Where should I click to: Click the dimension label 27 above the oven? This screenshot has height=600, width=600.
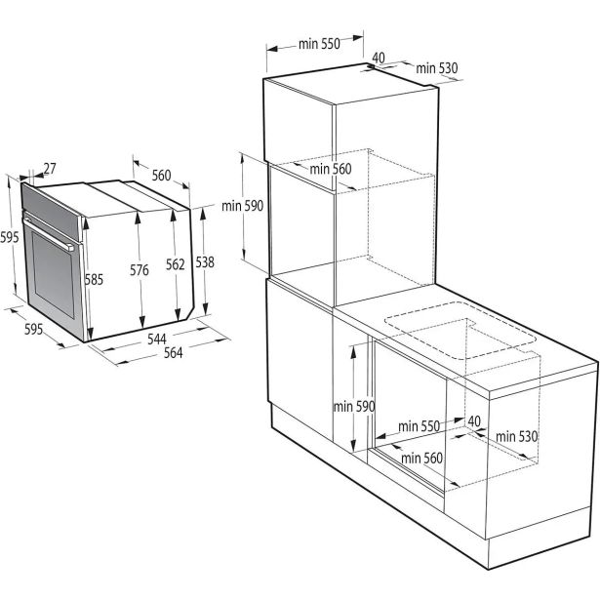pos(51,169)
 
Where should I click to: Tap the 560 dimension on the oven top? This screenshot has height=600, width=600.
pos(161,176)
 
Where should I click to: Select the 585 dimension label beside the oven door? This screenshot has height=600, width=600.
pos(94,280)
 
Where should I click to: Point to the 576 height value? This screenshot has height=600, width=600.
pos(140,271)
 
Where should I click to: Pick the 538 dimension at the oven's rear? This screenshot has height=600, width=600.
pos(204,262)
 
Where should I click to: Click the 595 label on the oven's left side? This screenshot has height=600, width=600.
pos(10,237)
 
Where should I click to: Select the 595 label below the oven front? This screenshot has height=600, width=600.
pos(33,330)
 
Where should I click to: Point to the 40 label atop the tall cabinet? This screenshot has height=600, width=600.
pos(379,58)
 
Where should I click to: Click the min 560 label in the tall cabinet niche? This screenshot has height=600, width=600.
pos(331,169)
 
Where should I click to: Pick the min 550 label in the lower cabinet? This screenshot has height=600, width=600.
pos(420,426)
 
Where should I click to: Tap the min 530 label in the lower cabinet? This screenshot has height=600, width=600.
pos(517,436)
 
